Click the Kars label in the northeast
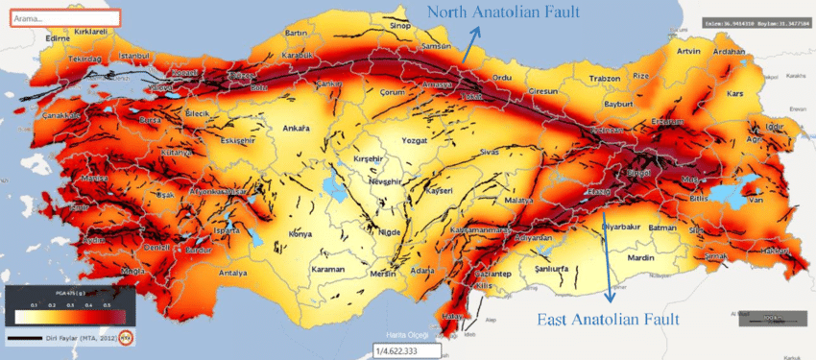pos(736,94)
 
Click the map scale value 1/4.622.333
pos(402,351)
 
